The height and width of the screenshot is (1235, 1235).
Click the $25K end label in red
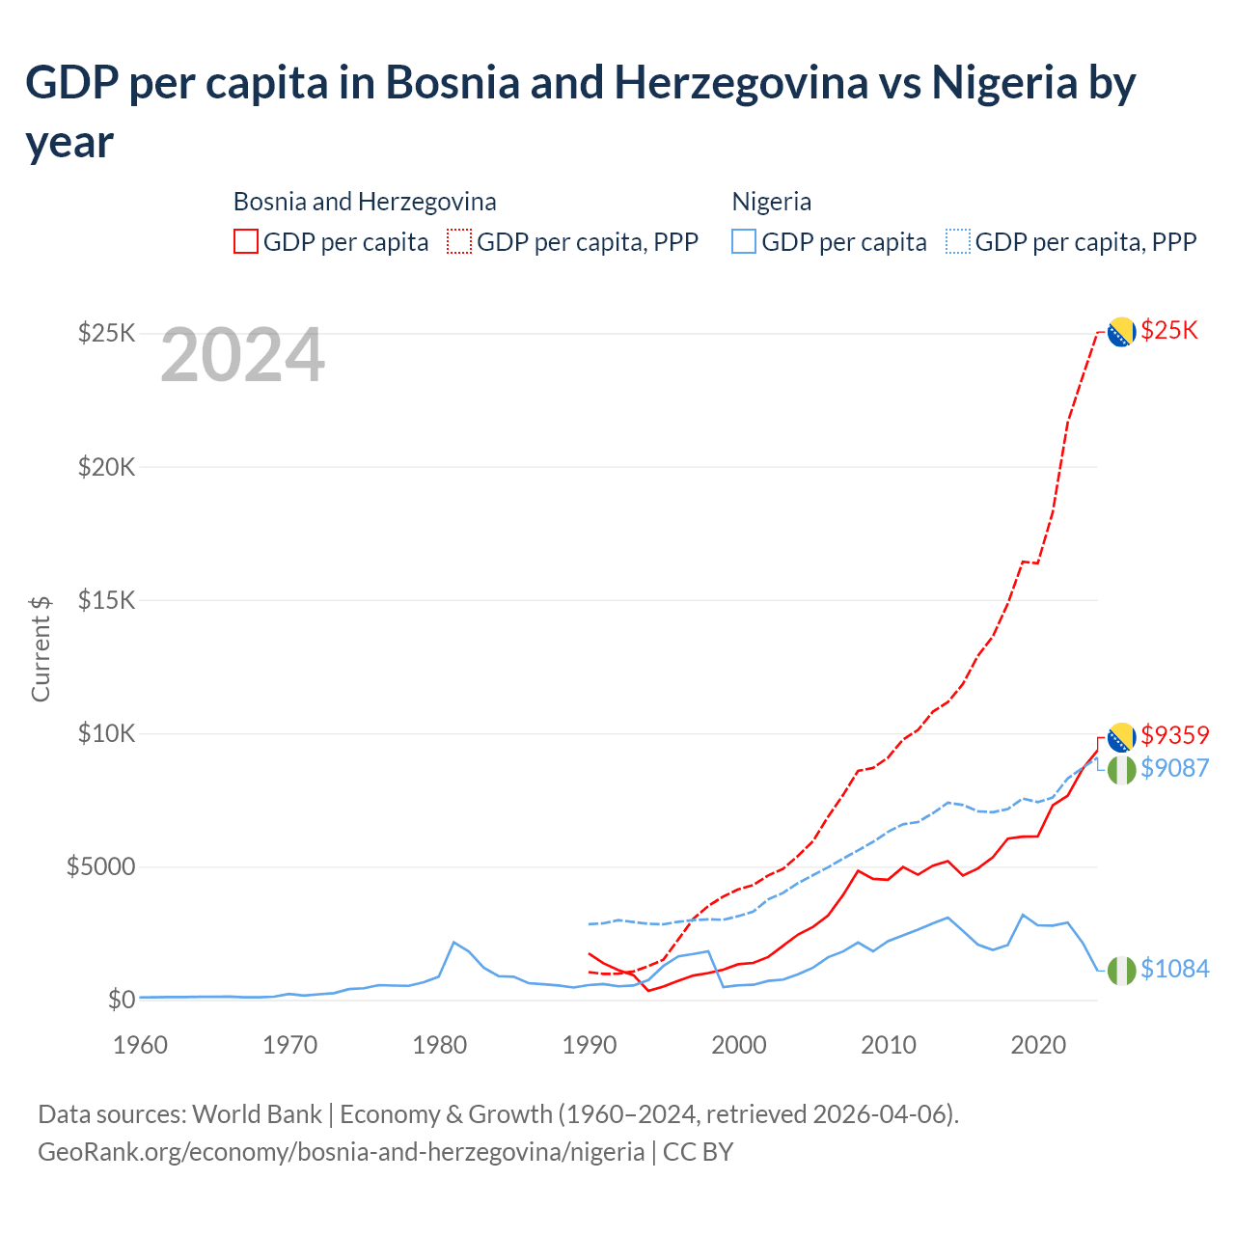[x=1168, y=331]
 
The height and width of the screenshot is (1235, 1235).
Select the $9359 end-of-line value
[x=1174, y=735]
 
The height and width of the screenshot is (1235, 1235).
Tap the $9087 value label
[x=1174, y=768]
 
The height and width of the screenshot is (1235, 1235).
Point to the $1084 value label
[x=1174, y=969]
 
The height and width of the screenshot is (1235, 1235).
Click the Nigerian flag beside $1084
[x=1121, y=971]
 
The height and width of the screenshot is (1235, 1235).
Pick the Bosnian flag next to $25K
[x=1121, y=332]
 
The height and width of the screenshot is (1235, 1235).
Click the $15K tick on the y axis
[x=106, y=600]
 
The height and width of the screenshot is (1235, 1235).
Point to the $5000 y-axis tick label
[x=100, y=866]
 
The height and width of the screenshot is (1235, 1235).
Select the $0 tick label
[x=121, y=1000]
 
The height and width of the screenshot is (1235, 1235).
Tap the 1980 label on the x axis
[x=440, y=1045]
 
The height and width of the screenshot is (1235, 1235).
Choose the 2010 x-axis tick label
[x=889, y=1045]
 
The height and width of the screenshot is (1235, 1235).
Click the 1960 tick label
[x=141, y=1045]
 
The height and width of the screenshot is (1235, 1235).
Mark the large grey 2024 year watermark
[x=242, y=355]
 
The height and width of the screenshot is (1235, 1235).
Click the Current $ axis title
[x=41, y=648]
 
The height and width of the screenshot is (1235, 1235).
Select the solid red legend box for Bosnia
[x=246, y=241]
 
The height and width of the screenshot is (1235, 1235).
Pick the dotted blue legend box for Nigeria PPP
[x=958, y=241]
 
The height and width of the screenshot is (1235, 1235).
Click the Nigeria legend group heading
[x=771, y=202]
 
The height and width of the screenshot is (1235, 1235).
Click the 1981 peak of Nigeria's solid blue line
[x=454, y=942]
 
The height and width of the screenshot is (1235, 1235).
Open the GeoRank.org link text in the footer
[x=341, y=1152]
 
